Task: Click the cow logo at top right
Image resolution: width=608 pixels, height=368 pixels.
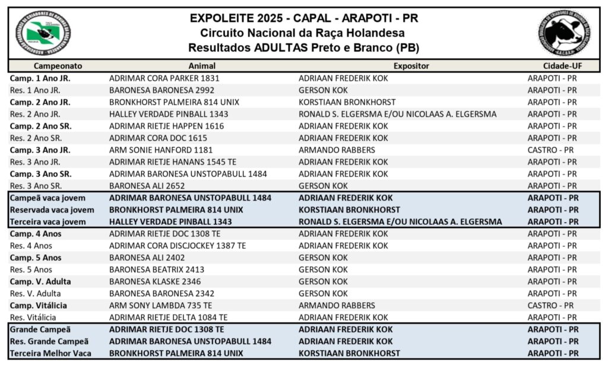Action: (565, 33)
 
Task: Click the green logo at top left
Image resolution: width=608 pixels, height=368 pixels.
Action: (42, 33)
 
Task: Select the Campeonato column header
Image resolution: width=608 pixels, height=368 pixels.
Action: (58, 66)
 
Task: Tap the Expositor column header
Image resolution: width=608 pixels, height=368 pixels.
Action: (411, 66)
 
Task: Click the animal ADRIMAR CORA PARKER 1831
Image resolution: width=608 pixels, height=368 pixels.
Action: (164, 78)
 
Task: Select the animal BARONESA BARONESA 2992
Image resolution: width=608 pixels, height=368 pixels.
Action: (161, 90)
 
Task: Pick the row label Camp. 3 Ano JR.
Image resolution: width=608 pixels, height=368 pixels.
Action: (40, 150)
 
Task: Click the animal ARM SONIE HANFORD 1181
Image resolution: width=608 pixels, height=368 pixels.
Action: (161, 150)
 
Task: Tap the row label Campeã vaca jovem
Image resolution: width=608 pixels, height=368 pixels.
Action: (48, 198)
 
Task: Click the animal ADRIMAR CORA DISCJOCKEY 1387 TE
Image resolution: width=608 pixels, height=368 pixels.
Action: (178, 246)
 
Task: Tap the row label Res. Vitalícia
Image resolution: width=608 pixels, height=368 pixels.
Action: (33, 318)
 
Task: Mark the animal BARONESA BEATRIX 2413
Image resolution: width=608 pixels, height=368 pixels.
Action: (157, 269)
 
